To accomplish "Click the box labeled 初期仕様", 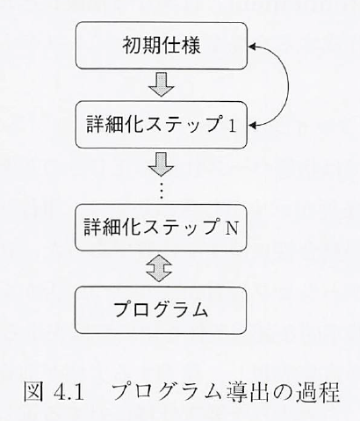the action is click(x=162, y=46).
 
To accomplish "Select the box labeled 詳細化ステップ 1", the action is click(x=162, y=125).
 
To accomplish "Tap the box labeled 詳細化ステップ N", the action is click(x=161, y=228).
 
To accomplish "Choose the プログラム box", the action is click(x=161, y=310).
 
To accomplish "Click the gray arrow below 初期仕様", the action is click(x=162, y=84).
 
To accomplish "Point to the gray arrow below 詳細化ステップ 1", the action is click(x=162, y=164).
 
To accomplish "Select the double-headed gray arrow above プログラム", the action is click(x=160, y=268).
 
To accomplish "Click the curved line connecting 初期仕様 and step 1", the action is click(x=288, y=85).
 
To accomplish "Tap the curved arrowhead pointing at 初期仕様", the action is click(x=253, y=46).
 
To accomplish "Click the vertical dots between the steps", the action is click(x=162, y=191).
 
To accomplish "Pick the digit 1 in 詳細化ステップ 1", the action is click(x=232, y=127).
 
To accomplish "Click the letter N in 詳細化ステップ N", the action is click(x=231, y=228).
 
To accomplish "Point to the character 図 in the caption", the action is click(x=33, y=391).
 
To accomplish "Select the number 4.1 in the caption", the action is click(x=69, y=393).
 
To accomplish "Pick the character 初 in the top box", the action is click(x=132, y=46).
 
